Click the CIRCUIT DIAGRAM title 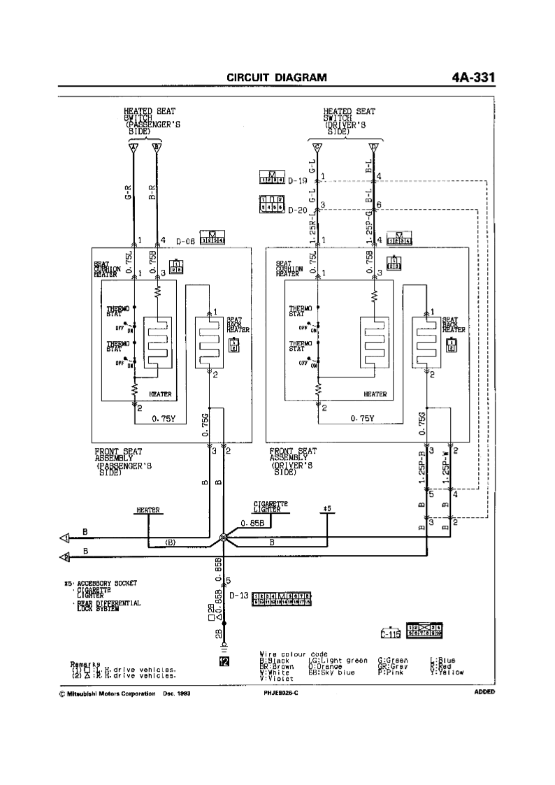click(x=277, y=77)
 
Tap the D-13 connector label click(x=239, y=596)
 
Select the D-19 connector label click(x=298, y=181)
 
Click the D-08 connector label click(x=185, y=241)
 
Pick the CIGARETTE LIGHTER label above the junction click(x=271, y=507)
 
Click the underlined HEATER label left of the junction click(x=149, y=510)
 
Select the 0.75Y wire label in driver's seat click(x=362, y=419)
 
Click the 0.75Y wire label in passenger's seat click(x=166, y=419)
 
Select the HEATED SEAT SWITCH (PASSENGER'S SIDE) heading click(x=150, y=122)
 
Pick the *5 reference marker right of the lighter click(x=326, y=508)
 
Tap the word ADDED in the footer click(x=484, y=691)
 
